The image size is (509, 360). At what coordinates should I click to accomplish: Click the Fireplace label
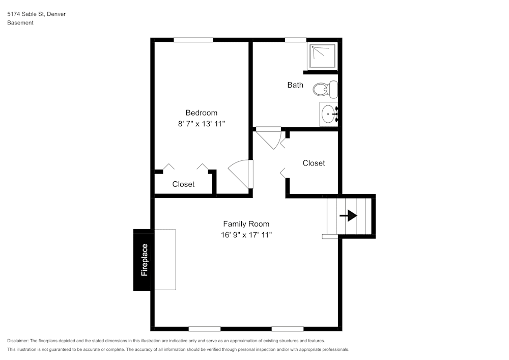click(144, 260)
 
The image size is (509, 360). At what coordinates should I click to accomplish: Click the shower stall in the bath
click(322, 56)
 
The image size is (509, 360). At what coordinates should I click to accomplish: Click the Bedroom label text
click(201, 113)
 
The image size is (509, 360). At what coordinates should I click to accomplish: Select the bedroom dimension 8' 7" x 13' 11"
click(201, 124)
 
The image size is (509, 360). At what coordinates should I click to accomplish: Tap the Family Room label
click(246, 224)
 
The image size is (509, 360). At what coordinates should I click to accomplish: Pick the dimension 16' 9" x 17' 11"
click(246, 235)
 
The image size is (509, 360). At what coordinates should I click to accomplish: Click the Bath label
click(295, 85)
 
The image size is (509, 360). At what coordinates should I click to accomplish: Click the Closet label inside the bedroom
click(183, 184)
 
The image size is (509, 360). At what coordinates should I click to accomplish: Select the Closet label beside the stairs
click(314, 163)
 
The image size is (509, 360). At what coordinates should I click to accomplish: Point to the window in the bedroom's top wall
click(193, 40)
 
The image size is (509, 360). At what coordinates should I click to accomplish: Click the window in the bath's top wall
click(295, 40)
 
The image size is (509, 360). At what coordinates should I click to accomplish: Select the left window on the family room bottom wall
click(205, 328)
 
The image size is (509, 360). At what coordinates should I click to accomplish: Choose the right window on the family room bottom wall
click(288, 328)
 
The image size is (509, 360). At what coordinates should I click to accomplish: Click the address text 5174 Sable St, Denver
click(36, 14)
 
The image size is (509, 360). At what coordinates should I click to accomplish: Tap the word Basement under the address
click(20, 23)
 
